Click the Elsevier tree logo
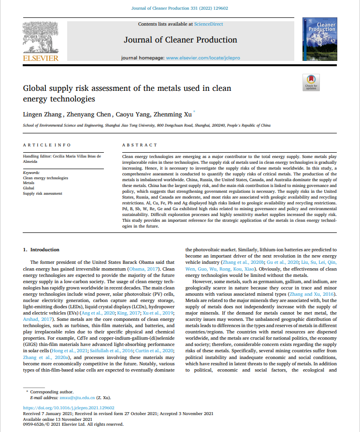pos(41,38)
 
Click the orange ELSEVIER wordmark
pos(41,58)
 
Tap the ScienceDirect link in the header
pos(209,24)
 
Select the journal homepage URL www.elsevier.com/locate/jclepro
pos(203,58)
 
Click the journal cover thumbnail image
pos(317,40)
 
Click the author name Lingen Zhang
pos(42,115)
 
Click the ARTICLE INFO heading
pos(47,145)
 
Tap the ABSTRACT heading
pos(140,145)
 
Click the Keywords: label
pos(31,173)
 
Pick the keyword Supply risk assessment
pos(43,194)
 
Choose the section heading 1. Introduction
pos(42,250)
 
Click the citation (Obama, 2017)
pos(146,269)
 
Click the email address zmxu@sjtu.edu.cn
pos(70,398)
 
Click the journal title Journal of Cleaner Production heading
pos(180,40)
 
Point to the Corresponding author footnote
pos(49,392)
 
